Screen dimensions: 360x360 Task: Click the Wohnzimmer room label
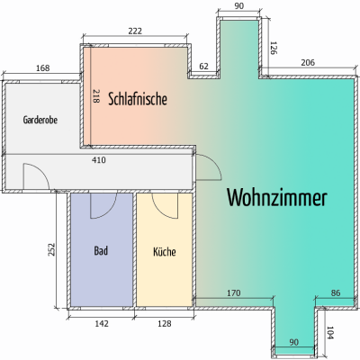click(276, 197)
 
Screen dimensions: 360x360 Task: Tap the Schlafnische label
click(138, 99)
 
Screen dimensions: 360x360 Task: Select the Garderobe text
click(40, 120)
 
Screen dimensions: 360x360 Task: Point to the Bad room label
click(101, 250)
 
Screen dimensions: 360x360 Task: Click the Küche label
click(165, 251)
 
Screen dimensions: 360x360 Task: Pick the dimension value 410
click(99, 160)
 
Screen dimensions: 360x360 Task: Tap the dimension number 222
click(135, 31)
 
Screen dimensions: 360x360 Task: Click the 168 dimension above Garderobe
click(42, 68)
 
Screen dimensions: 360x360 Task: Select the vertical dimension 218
click(95, 96)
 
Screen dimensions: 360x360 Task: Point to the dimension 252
click(51, 249)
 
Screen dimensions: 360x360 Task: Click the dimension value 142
click(102, 324)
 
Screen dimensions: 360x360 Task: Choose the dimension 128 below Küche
click(165, 324)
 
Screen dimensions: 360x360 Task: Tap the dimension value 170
click(233, 292)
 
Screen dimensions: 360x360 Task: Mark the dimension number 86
click(336, 292)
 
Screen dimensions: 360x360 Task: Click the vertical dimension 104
click(330, 333)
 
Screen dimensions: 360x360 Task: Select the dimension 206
click(308, 62)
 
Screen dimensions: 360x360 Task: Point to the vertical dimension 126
click(274, 48)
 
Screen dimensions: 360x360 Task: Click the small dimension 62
click(203, 67)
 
